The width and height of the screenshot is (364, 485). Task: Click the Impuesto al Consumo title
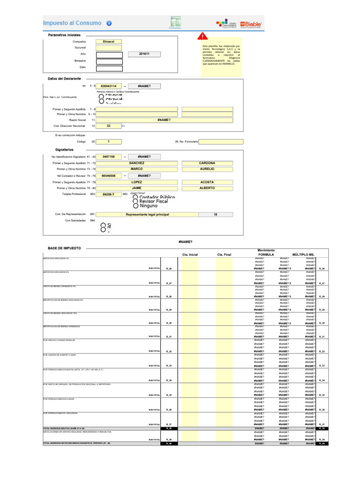pos(72,23)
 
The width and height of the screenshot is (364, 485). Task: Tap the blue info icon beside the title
pos(109,23)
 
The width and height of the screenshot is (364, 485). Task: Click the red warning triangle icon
pos(202,36)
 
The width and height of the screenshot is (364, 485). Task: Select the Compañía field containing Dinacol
pos(109,42)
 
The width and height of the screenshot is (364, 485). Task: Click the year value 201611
pos(144,54)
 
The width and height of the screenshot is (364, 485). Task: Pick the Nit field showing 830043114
pos(109,86)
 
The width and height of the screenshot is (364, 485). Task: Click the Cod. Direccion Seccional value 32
pos(109,126)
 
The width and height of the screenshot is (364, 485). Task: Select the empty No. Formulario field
pos(221,142)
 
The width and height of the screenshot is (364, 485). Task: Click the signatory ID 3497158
pos(109,157)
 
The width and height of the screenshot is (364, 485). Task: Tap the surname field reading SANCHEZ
pos(137,163)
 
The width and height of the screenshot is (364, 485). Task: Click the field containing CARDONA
pos(207,163)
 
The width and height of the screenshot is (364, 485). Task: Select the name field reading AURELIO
pos(207,169)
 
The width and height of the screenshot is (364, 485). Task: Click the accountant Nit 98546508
pos(109,176)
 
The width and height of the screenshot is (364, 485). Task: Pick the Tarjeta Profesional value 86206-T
pos(109,194)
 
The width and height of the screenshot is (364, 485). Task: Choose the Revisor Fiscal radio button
pos(136,201)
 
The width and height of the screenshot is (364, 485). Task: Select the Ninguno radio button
pos(136,206)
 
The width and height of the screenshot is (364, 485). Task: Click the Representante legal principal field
pos(147,215)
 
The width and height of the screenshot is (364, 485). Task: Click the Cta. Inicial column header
pos(190,254)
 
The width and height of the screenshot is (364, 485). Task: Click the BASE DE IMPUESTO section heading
pos(64,248)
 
